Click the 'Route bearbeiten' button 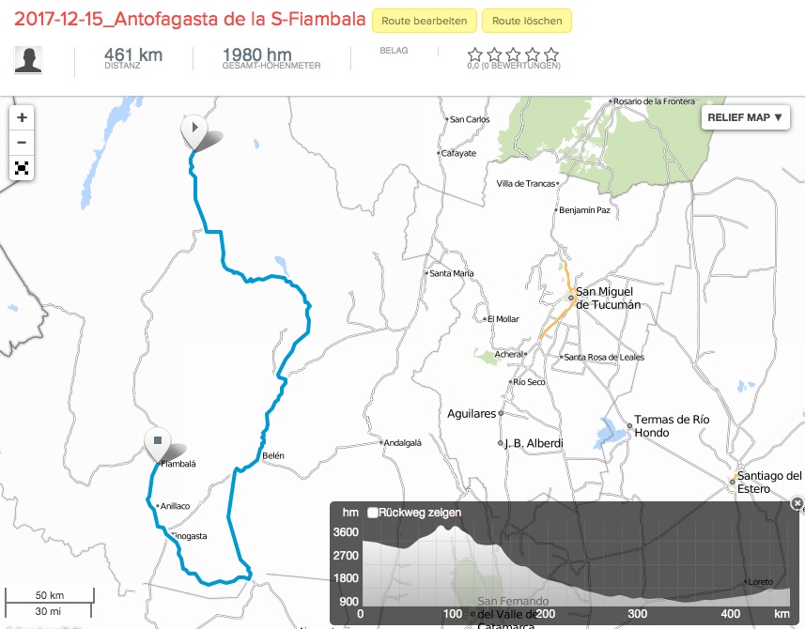point(424,21)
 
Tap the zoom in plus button point(22,118)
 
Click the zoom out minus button point(22,144)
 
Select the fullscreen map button point(22,169)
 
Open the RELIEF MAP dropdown point(745,117)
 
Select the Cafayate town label point(457,153)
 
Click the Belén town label point(272,455)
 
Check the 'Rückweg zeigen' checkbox point(373,513)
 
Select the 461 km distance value point(132,55)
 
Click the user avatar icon point(28,59)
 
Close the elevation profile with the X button point(797,503)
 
